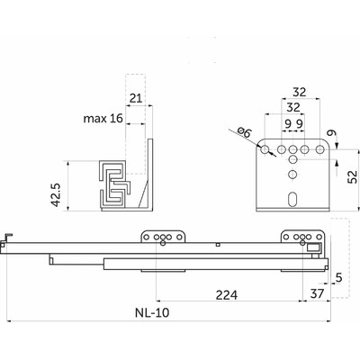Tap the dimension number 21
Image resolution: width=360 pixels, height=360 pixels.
point(136,98)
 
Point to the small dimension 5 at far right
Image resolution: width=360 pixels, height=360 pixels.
point(338,276)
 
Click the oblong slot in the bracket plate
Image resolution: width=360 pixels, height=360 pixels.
point(292,200)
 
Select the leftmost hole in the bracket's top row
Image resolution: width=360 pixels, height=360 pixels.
point(267,148)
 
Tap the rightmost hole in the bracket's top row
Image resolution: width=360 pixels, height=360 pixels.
point(317,148)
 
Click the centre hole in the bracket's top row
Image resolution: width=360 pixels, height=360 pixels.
point(292,148)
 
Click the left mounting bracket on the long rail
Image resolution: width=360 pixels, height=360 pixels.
point(163,238)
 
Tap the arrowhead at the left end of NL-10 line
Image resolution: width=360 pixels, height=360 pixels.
point(9,321)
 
